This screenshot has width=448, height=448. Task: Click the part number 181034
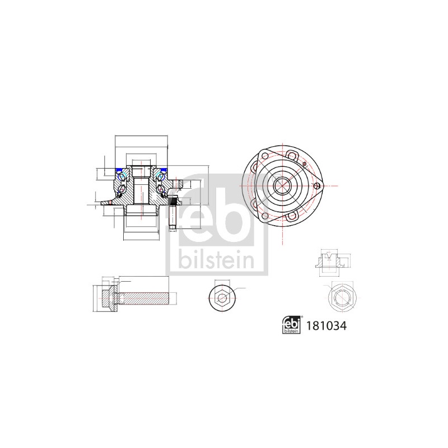(x=326, y=326)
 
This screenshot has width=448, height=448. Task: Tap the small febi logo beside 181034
(x=291, y=325)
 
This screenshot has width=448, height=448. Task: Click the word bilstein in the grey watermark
(x=217, y=259)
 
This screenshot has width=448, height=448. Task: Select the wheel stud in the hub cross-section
(x=173, y=213)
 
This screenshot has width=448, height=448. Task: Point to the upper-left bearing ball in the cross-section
(x=123, y=176)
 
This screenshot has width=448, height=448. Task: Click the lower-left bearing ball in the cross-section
(x=122, y=189)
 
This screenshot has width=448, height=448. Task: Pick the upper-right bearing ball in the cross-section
(x=160, y=176)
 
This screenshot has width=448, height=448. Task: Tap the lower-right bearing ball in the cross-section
(x=161, y=189)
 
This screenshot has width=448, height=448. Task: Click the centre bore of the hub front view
(x=282, y=186)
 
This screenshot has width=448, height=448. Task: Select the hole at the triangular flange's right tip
(x=316, y=186)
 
